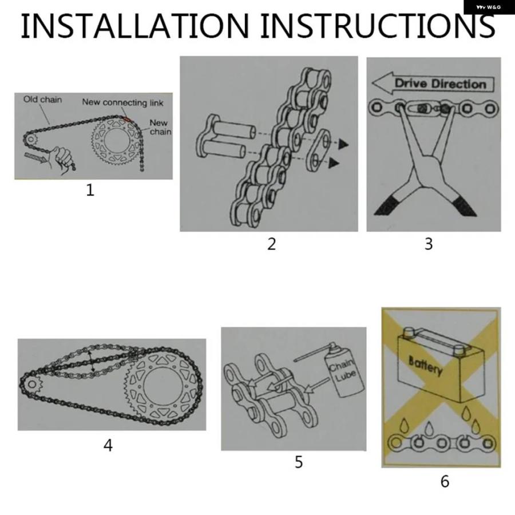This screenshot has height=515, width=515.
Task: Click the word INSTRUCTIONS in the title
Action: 378,26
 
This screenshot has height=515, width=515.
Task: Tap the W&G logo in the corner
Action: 489,7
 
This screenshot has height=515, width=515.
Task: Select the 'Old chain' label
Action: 42,100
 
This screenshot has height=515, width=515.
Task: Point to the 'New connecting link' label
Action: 122,102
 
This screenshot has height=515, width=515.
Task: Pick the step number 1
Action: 90,190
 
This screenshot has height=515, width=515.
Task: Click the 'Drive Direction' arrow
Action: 433,83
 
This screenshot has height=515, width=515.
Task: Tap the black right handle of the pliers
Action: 464,206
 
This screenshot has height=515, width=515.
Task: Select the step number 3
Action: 429,244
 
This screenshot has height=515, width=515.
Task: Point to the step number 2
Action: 271,244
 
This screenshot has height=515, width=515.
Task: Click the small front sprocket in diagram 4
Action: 32,384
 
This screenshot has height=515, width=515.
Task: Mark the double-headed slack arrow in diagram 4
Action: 92,360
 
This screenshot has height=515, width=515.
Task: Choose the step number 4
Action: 108,445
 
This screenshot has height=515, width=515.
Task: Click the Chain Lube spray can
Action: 343,370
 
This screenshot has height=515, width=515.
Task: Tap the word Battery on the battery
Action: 426,365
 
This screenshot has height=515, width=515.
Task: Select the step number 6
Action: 445,481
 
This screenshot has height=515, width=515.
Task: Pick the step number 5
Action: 299,462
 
